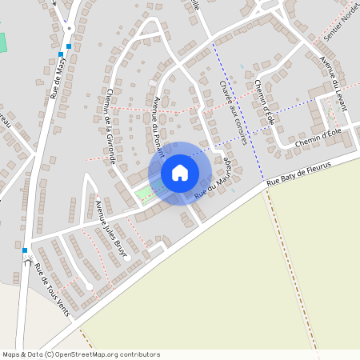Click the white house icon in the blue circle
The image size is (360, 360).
pos(180,173)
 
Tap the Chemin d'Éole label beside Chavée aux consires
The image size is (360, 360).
pos(266,102)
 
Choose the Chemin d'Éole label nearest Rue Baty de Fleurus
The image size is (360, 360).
pos(318,142)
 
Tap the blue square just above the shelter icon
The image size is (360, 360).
pos(25,250)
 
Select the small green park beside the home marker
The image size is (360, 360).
pos(144,193)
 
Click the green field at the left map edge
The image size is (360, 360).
pos(2,42)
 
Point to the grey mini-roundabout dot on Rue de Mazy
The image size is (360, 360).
pos(69,28)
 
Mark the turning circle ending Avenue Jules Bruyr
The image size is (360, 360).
pos(127,259)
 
